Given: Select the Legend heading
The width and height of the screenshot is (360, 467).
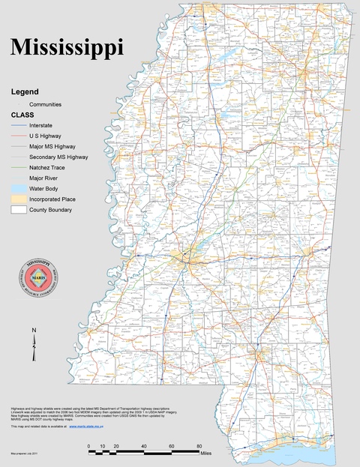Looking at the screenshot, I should [24, 91].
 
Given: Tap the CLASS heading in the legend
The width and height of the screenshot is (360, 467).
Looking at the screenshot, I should [22, 115].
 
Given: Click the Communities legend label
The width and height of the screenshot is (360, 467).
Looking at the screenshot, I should [45, 104].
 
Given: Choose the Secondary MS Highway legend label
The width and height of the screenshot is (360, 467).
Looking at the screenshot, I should [58, 157].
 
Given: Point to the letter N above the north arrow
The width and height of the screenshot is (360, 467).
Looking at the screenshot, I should [34, 330].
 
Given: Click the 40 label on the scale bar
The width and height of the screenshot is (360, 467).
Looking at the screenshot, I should [143, 447].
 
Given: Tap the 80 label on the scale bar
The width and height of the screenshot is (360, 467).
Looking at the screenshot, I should [199, 447].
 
